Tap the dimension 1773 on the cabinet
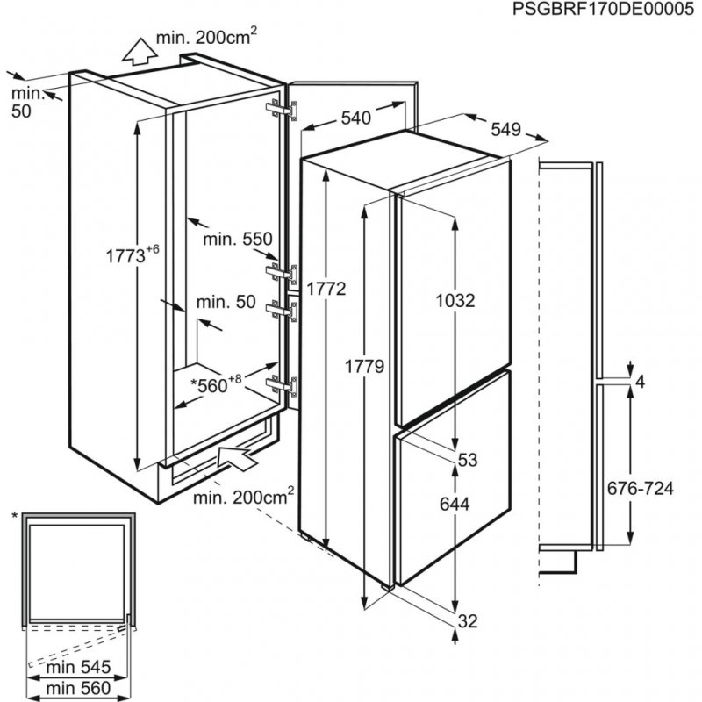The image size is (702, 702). pos(127,256)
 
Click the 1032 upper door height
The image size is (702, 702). pos(455,301)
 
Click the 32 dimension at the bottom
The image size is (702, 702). pos(467,621)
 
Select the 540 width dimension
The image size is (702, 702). pos(357,118)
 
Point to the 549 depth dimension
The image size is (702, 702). pos(506,129)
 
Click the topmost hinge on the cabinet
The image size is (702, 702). pos(284,111)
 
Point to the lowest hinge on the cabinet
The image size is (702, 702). pos(284,385)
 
